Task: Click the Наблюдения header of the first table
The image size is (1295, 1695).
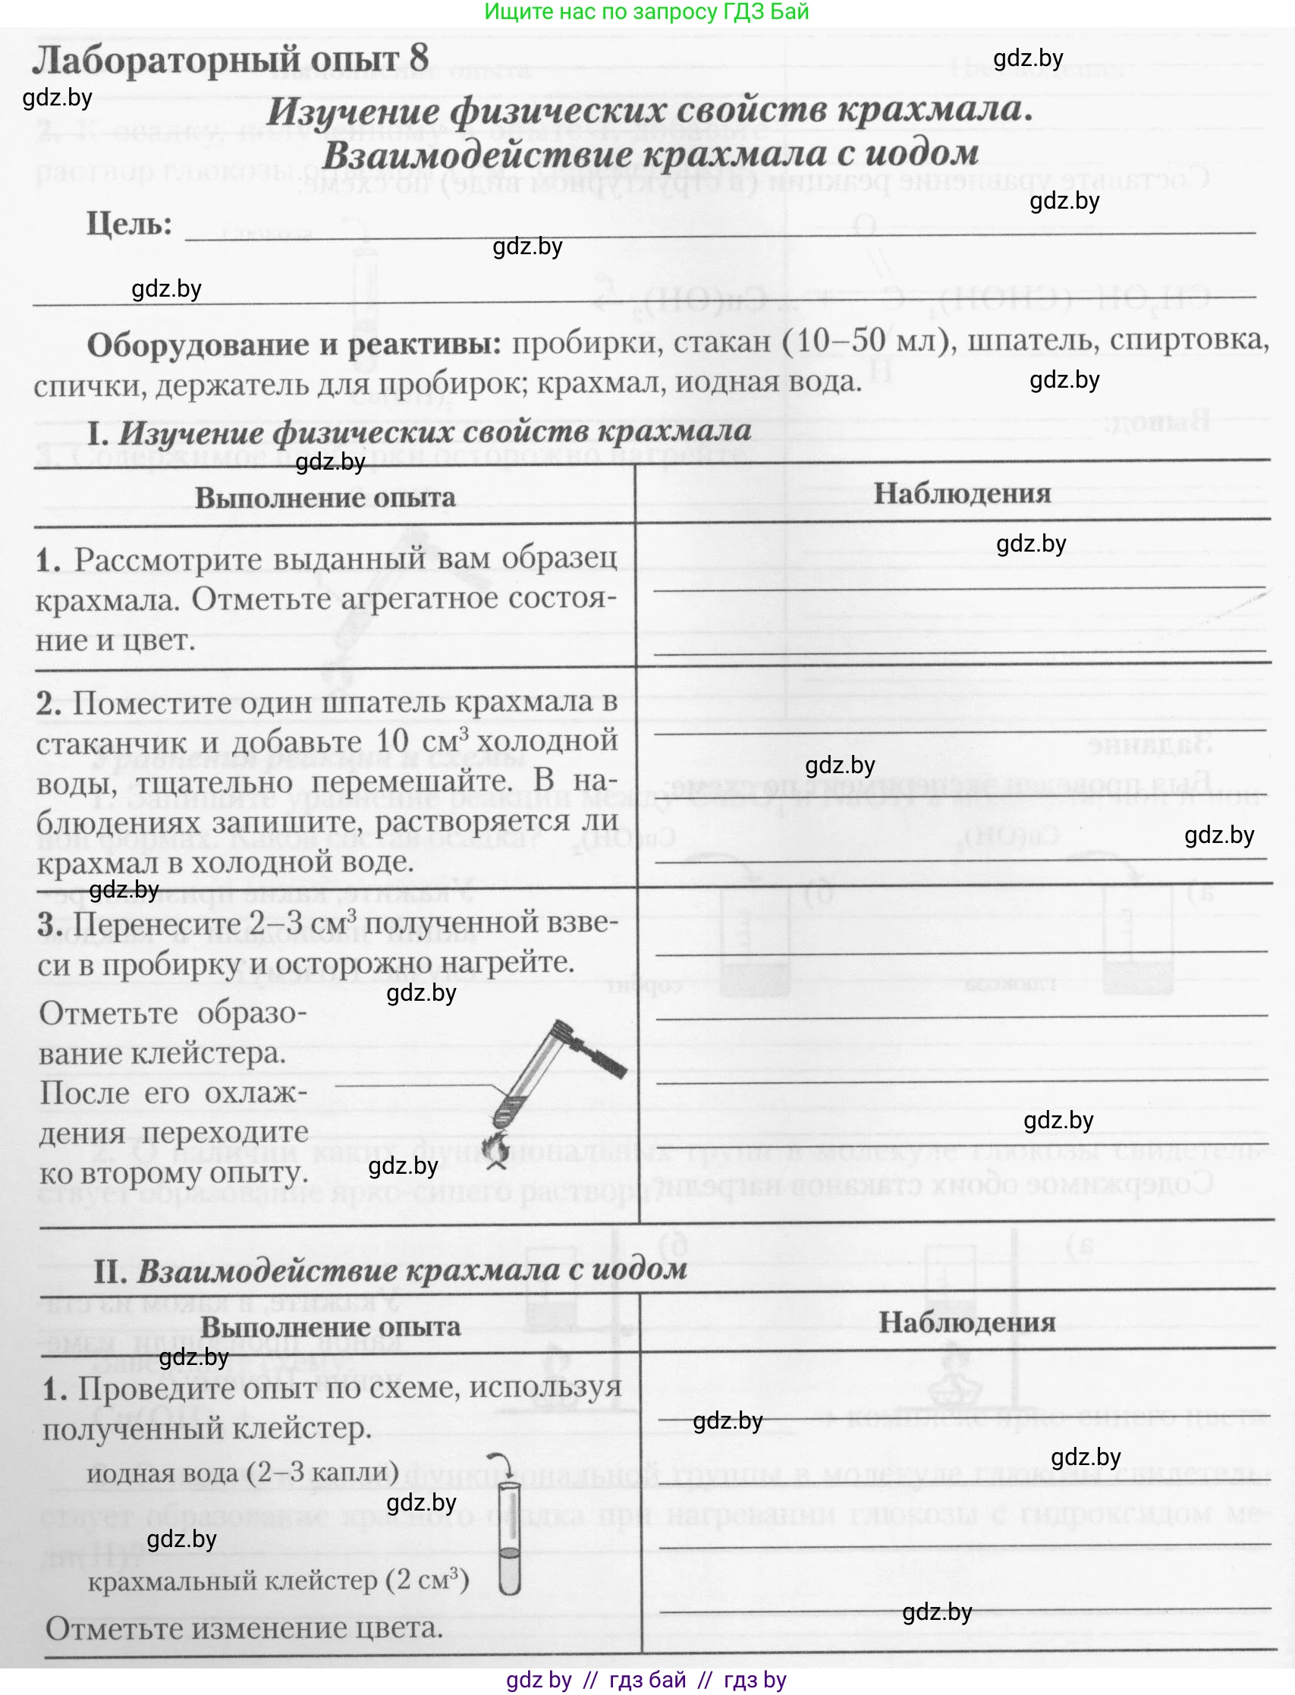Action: tap(961, 494)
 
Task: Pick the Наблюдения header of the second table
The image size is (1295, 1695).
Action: tap(967, 1322)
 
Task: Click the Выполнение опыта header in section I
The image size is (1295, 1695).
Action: tap(325, 498)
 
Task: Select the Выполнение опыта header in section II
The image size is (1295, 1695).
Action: tap(330, 1326)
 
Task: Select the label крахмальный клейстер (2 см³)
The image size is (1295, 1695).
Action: tap(278, 1581)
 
